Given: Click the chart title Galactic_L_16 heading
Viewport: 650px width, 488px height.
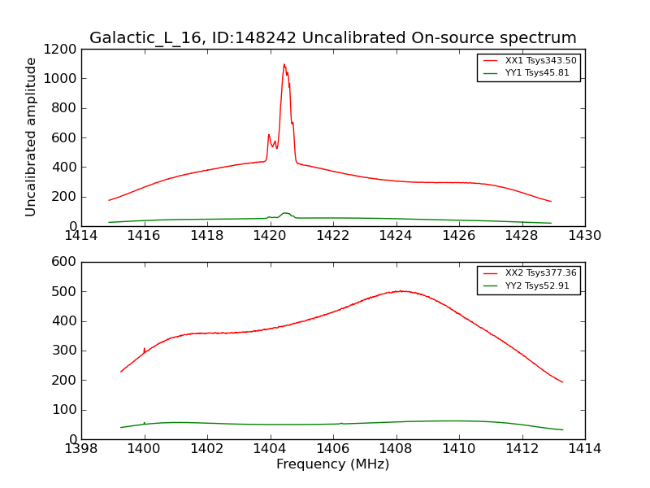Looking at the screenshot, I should pyautogui.click(x=332, y=38).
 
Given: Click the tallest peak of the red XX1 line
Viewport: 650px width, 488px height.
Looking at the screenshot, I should pyautogui.click(x=284, y=65).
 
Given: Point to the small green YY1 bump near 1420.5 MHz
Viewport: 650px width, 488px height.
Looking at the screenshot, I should pyautogui.click(x=285, y=213).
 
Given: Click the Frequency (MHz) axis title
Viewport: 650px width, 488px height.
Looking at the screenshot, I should pyautogui.click(x=332, y=464).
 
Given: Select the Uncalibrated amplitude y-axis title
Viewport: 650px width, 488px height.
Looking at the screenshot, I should pyautogui.click(x=32, y=137).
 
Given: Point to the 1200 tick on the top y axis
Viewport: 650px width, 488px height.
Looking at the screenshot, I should pyautogui.click(x=63, y=50).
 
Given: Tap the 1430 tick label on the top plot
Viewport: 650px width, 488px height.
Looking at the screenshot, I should pyautogui.click(x=584, y=236).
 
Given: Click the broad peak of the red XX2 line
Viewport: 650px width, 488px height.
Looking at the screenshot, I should pyautogui.click(x=401, y=291).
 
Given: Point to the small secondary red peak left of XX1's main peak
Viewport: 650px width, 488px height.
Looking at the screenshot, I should pyautogui.click(x=269, y=135).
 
